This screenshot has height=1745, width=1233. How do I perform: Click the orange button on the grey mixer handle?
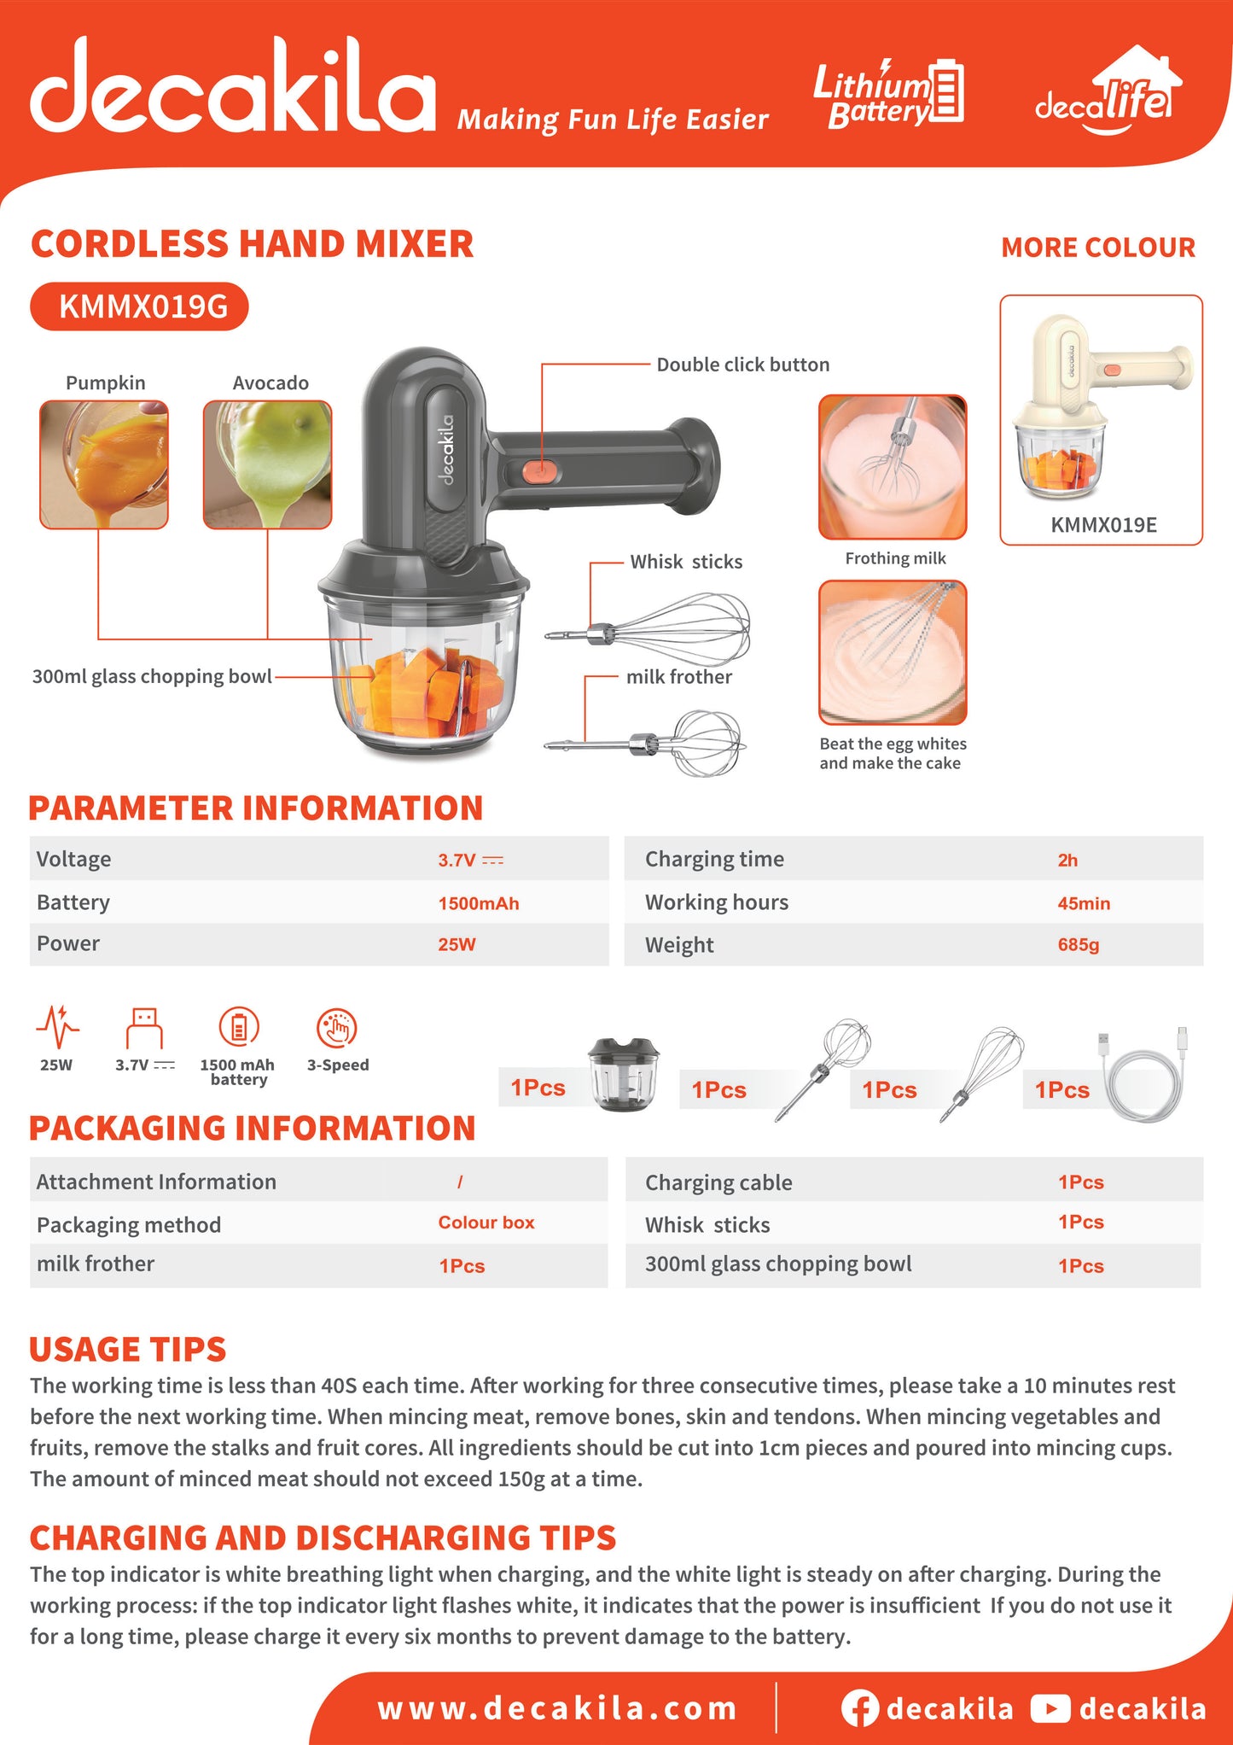pyautogui.click(x=539, y=470)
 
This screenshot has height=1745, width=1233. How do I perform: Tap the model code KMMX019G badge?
pyautogui.click(x=139, y=306)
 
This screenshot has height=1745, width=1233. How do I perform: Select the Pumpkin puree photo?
pyautogui.click(x=104, y=464)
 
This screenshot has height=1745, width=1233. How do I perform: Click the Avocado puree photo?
pyautogui.click(x=267, y=464)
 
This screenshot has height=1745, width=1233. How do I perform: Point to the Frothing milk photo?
pyautogui.click(x=893, y=467)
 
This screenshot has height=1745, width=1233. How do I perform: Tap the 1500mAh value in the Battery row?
pyautogui.click(x=478, y=903)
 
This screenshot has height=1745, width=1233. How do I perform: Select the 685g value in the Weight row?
pyautogui.click(x=1078, y=944)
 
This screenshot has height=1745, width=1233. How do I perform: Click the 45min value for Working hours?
pyautogui.click(x=1084, y=903)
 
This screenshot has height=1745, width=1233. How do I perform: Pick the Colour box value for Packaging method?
pyautogui.click(x=486, y=1223)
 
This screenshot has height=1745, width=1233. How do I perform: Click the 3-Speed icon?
pyautogui.click(x=337, y=1028)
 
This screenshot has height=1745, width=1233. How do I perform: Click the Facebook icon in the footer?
pyautogui.click(x=859, y=1708)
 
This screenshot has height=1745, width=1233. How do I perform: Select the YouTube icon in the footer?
pyautogui.click(x=1050, y=1708)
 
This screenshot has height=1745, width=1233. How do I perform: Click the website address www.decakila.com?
pyautogui.click(x=557, y=1708)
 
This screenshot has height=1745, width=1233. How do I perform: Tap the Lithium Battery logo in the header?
pyautogui.click(x=888, y=94)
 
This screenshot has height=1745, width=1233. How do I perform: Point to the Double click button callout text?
pyautogui.click(x=742, y=365)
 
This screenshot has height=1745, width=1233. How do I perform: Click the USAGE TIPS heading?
pyautogui.click(x=127, y=1349)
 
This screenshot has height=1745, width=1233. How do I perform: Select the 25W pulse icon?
pyautogui.click(x=57, y=1026)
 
